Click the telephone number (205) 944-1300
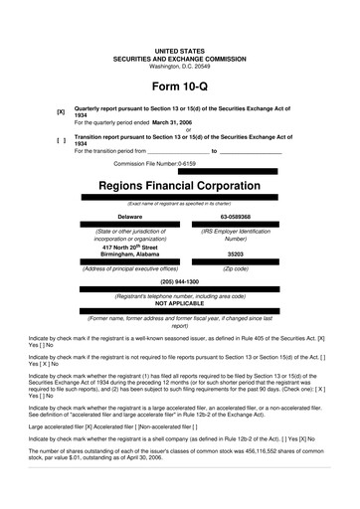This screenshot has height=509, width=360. point(179,281)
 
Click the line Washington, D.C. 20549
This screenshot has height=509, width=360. point(179,66)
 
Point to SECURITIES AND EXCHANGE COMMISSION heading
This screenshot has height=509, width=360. point(179,58)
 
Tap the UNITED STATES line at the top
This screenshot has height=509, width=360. point(179,50)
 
